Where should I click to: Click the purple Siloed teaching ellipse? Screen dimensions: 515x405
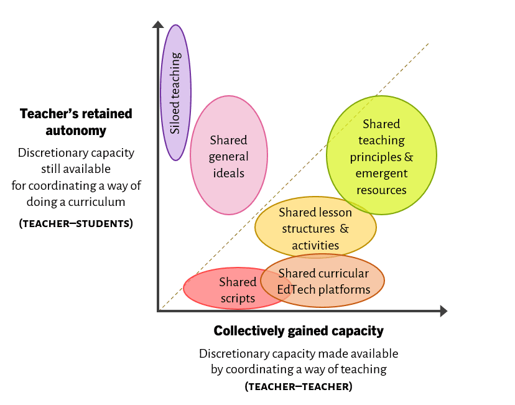(x=176, y=93)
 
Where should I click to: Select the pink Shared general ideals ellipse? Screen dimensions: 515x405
(x=229, y=155)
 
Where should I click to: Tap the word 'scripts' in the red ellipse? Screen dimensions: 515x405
(x=238, y=299)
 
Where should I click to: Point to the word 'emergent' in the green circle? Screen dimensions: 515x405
(x=381, y=174)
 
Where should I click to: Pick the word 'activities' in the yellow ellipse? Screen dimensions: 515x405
(x=315, y=245)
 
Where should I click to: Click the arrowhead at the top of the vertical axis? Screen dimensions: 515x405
(x=158, y=24)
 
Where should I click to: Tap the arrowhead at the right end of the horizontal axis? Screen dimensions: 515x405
(x=443, y=310)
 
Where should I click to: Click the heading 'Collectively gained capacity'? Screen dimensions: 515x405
(x=299, y=331)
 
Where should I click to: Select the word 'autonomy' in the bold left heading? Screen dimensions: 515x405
(x=76, y=131)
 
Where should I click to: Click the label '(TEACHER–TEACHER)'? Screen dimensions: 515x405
(x=299, y=386)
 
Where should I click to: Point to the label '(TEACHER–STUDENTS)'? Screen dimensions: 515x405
(x=76, y=223)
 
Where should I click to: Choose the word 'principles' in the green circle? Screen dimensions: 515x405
(x=376, y=157)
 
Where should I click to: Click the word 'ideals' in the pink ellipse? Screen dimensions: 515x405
(x=229, y=173)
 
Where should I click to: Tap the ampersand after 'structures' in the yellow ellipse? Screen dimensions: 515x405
(x=344, y=228)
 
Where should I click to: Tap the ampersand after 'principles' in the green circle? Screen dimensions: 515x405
(x=409, y=157)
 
